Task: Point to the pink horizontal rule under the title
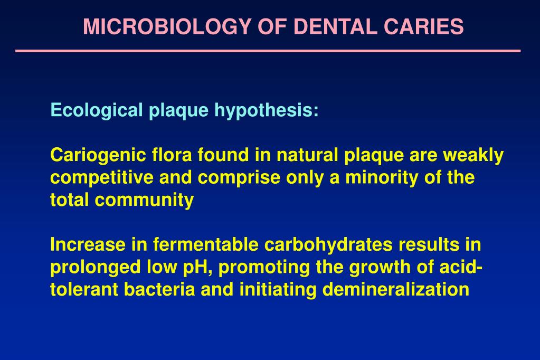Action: (x=268, y=51)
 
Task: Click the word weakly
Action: (x=473, y=155)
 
